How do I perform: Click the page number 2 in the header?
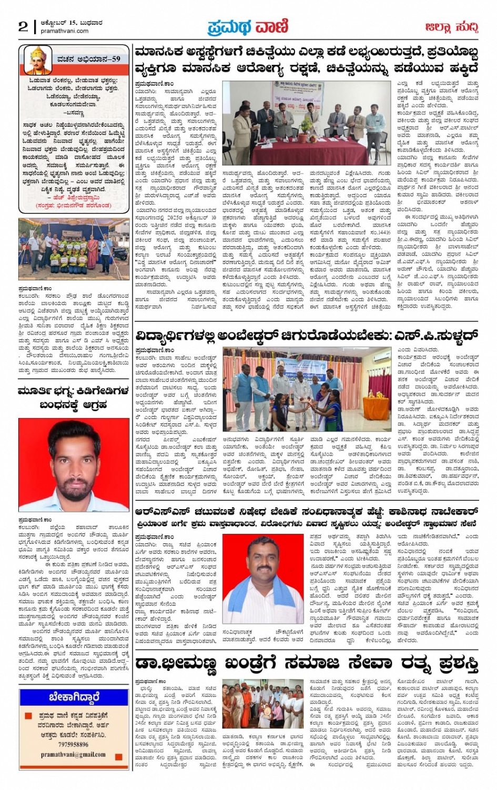tap(23, 26)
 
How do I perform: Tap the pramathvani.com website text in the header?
tap(65, 31)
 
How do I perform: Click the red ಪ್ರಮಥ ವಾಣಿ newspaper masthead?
tap(248, 26)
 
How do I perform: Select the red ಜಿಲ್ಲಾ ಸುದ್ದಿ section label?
tap(451, 27)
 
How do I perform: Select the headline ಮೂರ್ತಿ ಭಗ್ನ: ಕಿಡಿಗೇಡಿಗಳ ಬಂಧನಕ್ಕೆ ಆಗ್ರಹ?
tap(74, 398)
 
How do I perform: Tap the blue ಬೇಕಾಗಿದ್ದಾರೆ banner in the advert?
tap(74, 697)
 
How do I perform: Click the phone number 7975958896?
tap(74, 744)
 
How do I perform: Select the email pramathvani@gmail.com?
tap(74, 755)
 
